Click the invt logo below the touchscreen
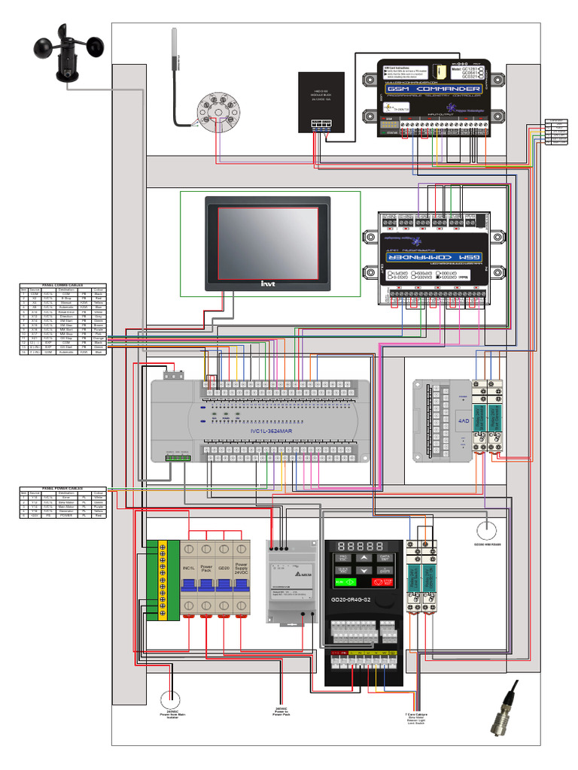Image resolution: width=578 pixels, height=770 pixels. [269, 283]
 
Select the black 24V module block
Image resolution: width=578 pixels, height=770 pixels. [321, 102]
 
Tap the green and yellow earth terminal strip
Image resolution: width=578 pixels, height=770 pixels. [162, 580]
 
